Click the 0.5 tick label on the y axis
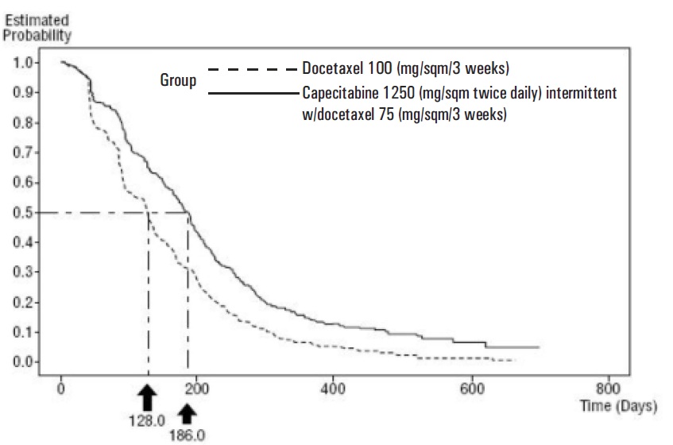tap(23, 212)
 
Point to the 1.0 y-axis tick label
tap(23, 63)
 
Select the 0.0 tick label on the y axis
tap(23, 362)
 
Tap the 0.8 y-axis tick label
tap(23, 122)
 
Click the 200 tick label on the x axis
tap(196, 389)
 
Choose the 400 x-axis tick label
tap(333, 389)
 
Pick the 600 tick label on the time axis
tap(472, 389)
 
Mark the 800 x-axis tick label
tap(608, 389)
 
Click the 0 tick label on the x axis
tap(61, 389)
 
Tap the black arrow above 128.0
tap(148, 397)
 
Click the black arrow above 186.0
tap(188, 414)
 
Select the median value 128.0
tap(147, 421)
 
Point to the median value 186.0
tap(188, 435)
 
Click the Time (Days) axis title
tap(618, 406)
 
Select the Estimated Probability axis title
tap(37, 28)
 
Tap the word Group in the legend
tap(178, 80)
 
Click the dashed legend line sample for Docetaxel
tap(253, 68)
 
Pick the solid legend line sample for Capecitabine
tap(253, 93)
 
